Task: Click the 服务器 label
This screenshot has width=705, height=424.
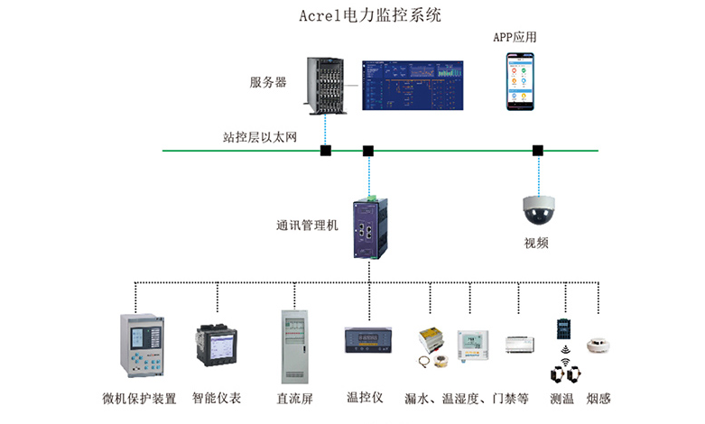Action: [268, 82]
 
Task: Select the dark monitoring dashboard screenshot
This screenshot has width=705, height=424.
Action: [413, 86]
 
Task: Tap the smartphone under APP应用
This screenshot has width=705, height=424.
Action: [519, 81]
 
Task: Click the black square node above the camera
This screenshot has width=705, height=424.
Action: [538, 150]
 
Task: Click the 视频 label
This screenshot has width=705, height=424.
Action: [537, 243]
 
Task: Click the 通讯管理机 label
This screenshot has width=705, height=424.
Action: [308, 226]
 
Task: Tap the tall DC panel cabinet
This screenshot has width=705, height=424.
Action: [294, 346]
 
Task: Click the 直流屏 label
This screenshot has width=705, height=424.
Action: [294, 398]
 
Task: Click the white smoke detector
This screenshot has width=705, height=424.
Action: [598, 346]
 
